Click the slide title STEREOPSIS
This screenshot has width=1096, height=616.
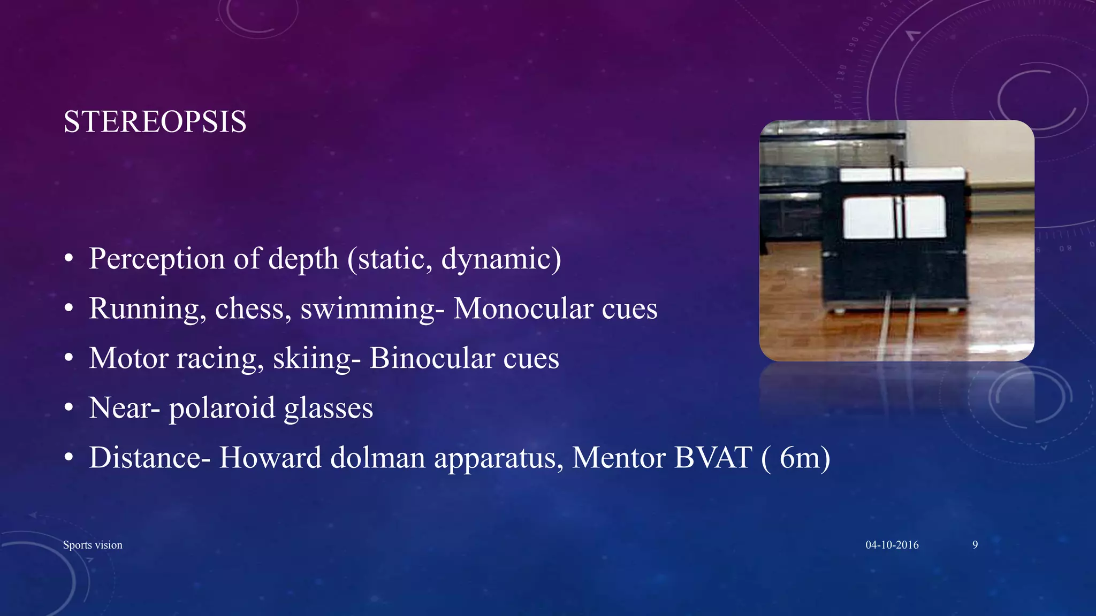[155, 122]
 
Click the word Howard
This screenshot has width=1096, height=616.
[270, 458]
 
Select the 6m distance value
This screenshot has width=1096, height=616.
[800, 458]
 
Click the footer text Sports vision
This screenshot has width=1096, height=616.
[93, 545]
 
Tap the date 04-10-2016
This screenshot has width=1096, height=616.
[892, 545]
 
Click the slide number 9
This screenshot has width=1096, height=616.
[975, 545]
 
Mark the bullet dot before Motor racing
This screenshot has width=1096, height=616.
[68, 359]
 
